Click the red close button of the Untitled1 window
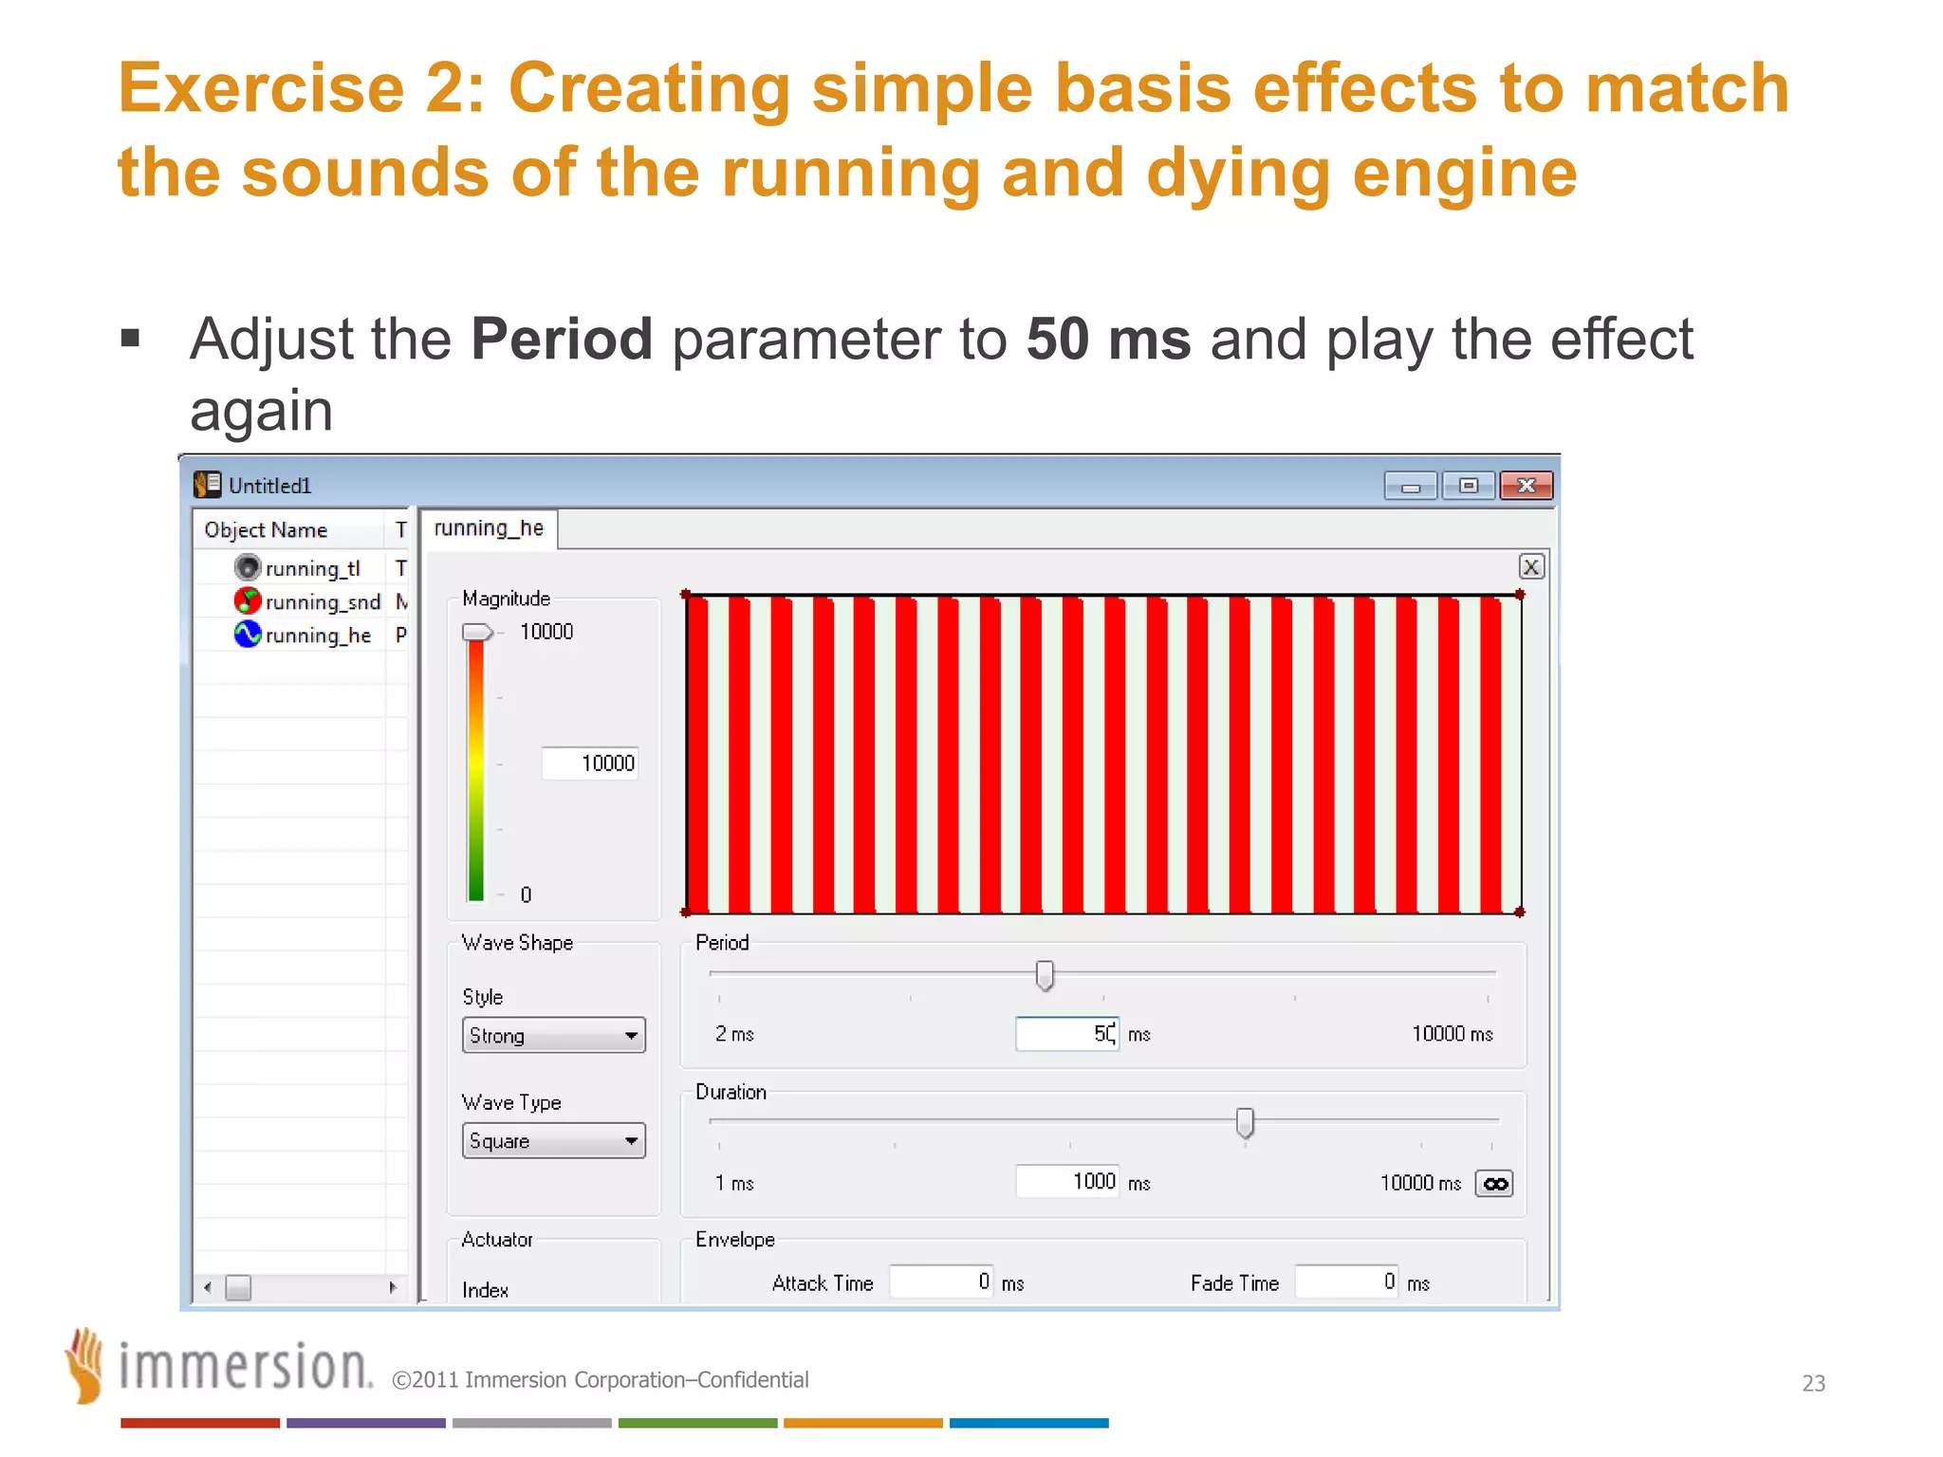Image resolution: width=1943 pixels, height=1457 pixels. tap(1526, 486)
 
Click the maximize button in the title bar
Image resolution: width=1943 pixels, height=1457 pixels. tap(1468, 486)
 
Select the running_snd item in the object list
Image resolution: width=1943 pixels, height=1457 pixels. tap(321, 601)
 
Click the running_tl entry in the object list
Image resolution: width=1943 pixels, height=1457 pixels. tap(311, 568)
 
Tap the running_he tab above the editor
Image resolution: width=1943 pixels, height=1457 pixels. tap(489, 528)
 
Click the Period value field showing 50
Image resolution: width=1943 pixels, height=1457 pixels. tap(1066, 1034)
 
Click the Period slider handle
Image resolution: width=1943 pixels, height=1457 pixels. tap(1045, 975)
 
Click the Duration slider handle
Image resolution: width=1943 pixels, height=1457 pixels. tap(1245, 1123)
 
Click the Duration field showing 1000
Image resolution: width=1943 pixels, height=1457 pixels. tap(1066, 1182)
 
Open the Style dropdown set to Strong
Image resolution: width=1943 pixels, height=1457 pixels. tap(553, 1036)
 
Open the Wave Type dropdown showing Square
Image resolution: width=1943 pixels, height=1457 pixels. tap(553, 1141)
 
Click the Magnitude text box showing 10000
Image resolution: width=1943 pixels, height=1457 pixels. tap(590, 764)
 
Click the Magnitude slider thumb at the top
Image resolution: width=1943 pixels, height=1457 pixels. tap(476, 633)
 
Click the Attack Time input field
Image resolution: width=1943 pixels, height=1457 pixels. tap(941, 1282)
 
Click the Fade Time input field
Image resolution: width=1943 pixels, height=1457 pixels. tap(1346, 1282)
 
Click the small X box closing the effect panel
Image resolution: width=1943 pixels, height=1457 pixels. tap(1530, 567)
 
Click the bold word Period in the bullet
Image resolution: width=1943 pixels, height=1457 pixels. tap(562, 340)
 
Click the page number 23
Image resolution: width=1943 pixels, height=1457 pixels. tap(1813, 1383)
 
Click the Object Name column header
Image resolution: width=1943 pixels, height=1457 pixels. tap(267, 530)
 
